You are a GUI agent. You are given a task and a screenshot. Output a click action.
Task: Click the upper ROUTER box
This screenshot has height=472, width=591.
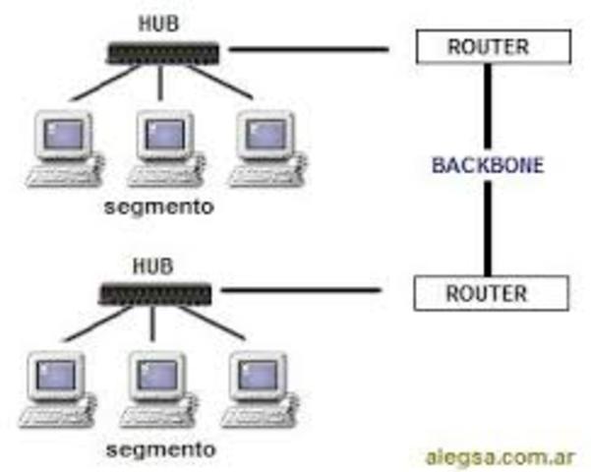[488, 46]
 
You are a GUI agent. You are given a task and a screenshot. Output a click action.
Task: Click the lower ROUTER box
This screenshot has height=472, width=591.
[488, 292]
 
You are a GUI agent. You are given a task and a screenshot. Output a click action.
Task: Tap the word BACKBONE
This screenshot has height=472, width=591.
[488, 165]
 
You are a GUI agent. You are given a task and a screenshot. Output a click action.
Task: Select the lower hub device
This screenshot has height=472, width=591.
[156, 292]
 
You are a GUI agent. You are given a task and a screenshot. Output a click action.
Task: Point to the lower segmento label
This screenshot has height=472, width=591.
[159, 448]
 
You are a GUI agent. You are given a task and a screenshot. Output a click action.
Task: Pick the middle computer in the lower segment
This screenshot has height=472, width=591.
[157, 385]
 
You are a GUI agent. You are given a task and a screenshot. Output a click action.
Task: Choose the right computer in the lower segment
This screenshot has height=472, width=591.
[258, 385]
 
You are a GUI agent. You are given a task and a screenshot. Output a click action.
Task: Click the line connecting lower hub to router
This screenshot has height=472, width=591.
[300, 290]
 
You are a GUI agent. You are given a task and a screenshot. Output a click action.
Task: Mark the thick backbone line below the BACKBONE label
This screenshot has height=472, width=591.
[488, 226]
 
